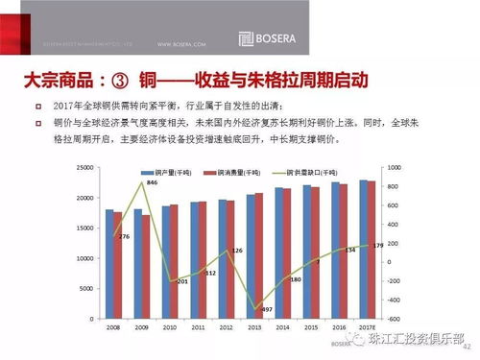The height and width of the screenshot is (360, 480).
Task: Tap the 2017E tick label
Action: click(368, 327)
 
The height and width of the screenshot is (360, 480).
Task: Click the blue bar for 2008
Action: click(109, 264)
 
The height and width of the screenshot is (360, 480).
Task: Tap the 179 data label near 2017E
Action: click(377, 246)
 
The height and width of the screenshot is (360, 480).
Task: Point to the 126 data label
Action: click(237, 250)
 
